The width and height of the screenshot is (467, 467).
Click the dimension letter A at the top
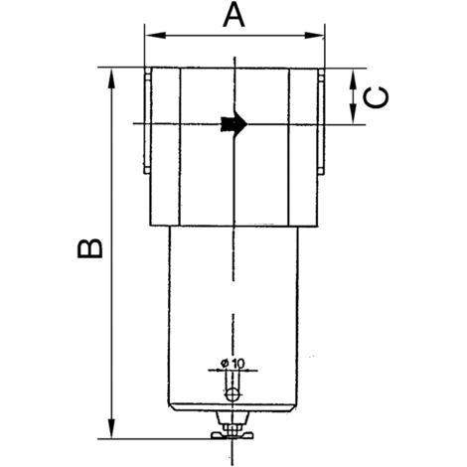(233, 15)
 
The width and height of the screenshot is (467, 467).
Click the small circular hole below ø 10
(233, 395)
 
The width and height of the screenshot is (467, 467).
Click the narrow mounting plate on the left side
(146, 123)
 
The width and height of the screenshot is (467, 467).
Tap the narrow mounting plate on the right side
(322, 123)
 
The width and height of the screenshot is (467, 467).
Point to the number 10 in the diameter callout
(239, 363)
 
